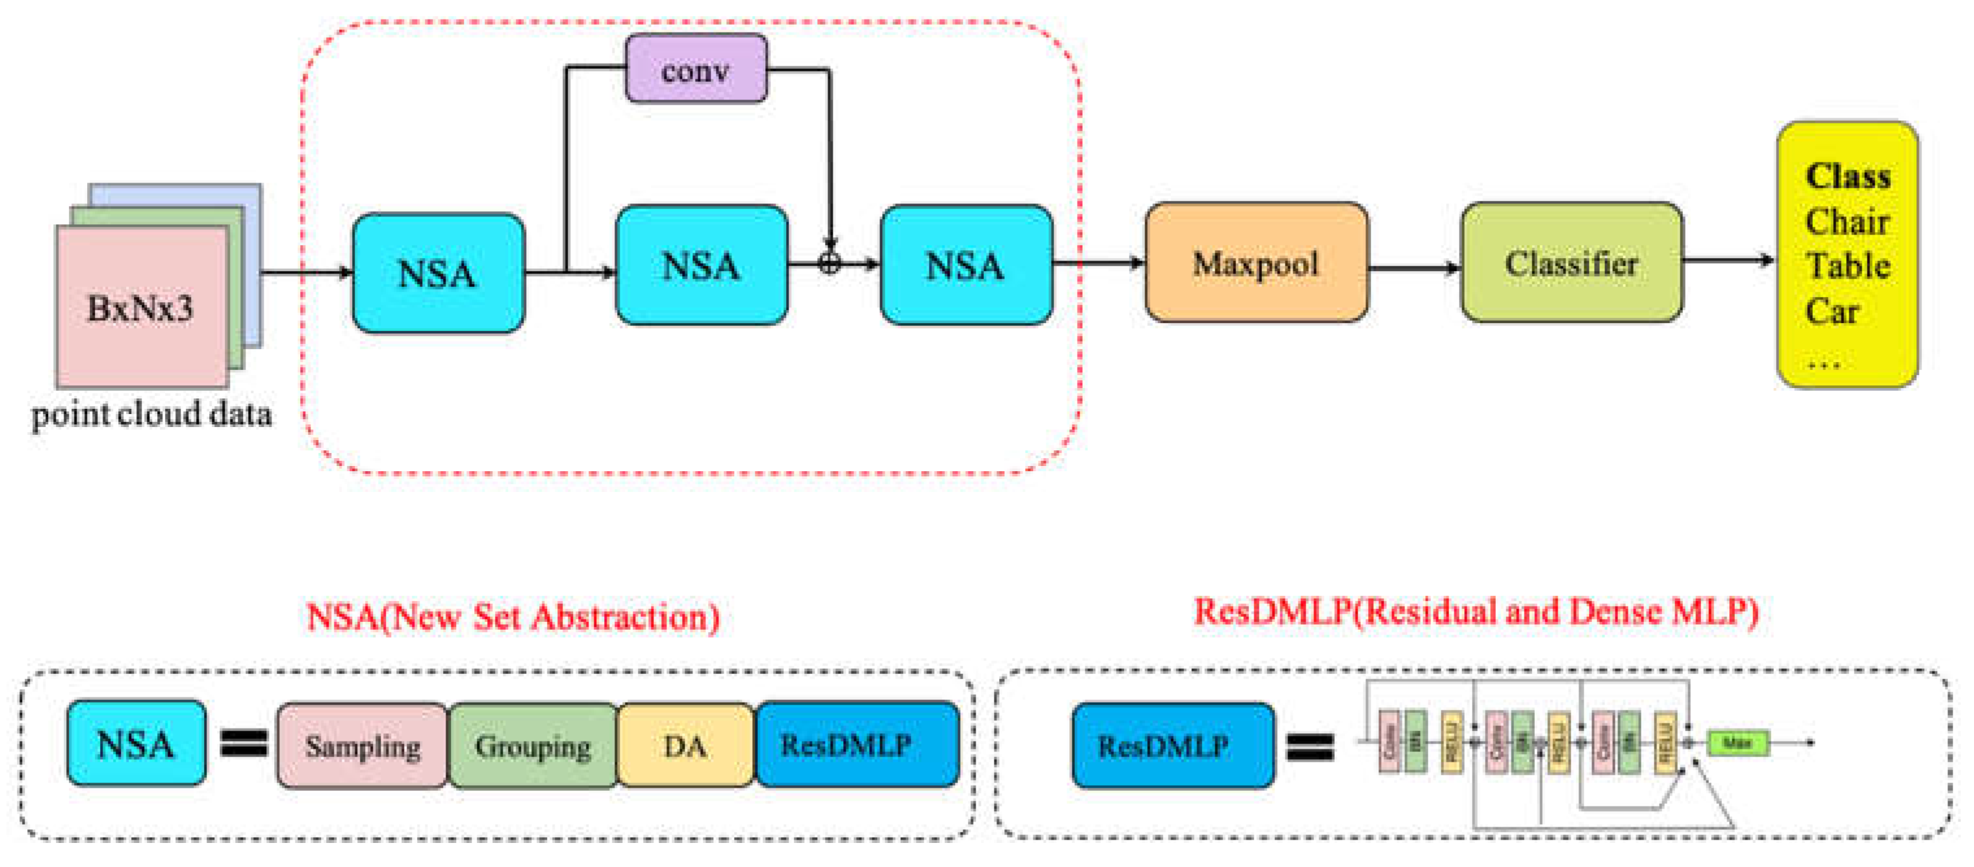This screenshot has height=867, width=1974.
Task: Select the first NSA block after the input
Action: click(x=438, y=273)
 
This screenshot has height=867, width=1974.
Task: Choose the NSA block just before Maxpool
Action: click(x=965, y=265)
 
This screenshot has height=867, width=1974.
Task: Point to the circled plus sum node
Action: click(x=829, y=264)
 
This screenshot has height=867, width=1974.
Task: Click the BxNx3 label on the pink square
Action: click(x=140, y=308)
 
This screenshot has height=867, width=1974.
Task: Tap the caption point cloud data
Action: click(x=152, y=415)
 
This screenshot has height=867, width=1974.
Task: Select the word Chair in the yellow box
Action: click(x=1847, y=222)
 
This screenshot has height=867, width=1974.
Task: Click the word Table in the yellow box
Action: click(x=1847, y=266)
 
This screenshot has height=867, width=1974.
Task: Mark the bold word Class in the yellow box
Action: click(x=1847, y=176)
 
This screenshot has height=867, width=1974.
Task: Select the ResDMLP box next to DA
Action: click(x=857, y=744)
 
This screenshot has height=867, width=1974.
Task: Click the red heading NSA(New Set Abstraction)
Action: click(x=512, y=617)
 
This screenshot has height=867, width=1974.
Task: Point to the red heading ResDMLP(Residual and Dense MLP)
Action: click(x=1475, y=612)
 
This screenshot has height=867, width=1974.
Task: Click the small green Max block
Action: click(x=1738, y=742)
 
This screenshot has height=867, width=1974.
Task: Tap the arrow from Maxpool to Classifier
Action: click(x=1415, y=268)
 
